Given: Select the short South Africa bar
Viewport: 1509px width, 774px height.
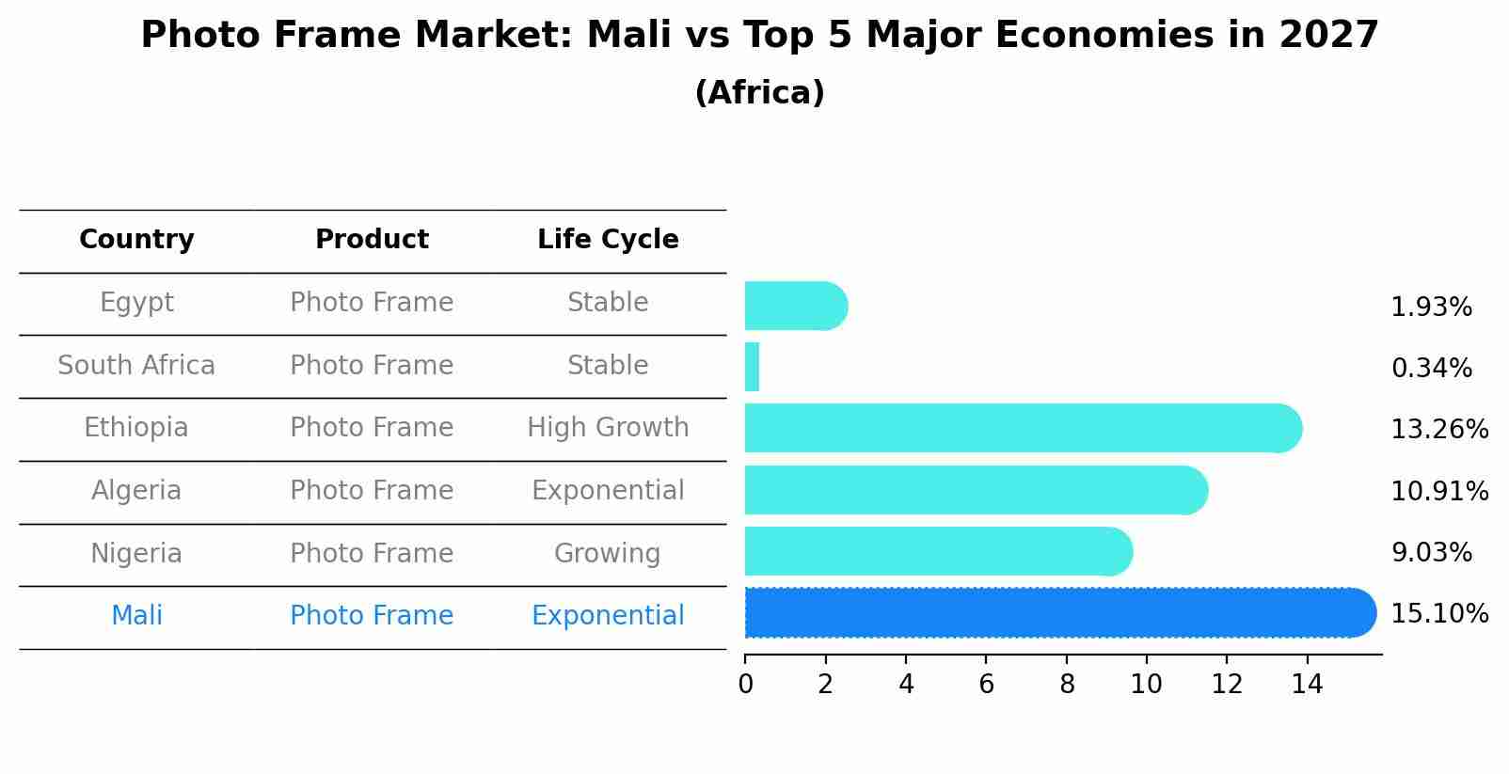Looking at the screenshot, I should tap(752, 367).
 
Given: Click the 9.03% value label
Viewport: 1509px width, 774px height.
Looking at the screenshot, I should tap(1431, 553).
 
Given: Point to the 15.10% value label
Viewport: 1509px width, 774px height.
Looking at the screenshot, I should tap(1438, 614).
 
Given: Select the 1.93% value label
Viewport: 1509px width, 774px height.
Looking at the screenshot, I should tap(1431, 308).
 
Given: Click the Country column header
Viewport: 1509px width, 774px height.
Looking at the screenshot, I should tap(136, 240).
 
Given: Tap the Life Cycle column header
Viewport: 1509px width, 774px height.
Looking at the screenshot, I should tap(608, 240).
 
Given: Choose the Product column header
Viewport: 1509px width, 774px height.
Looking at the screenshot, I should tap(372, 240).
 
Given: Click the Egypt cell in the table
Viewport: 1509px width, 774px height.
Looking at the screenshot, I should tap(136, 303).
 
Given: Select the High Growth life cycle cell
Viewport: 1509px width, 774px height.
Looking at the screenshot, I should tap(608, 428).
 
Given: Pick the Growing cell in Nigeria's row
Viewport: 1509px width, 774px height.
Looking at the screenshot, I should tap(607, 553).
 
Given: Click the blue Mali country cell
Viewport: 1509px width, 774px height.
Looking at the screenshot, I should tap(136, 616).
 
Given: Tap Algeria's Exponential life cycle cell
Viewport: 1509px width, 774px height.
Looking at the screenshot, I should tap(608, 491).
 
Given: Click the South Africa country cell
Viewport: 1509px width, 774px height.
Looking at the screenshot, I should tap(136, 366).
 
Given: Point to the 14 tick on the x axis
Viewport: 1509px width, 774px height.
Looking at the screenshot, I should tap(1307, 685).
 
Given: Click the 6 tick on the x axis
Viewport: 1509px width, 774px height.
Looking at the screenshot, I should tap(986, 685).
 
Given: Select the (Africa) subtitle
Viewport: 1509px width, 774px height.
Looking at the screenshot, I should tap(759, 93).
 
